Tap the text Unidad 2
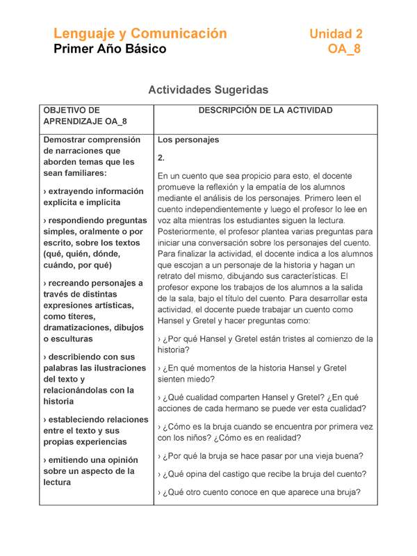[335, 33]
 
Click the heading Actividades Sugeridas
[208, 90]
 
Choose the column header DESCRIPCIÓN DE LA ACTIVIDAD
[265, 111]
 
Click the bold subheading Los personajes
[188, 140]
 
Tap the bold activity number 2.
[161, 158]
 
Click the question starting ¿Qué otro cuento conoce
[259, 493]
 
